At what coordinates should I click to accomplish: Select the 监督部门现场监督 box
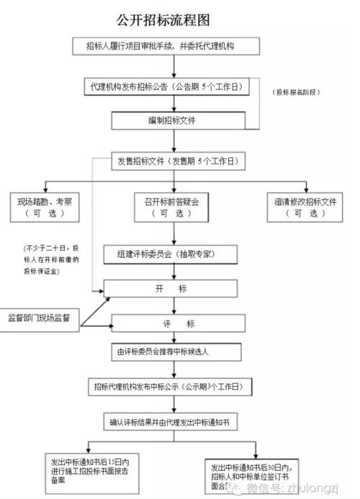pyautogui.click(x=43, y=318)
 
